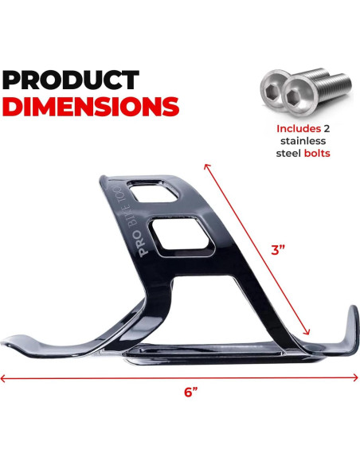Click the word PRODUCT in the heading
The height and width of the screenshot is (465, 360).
pyautogui.click(x=71, y=80)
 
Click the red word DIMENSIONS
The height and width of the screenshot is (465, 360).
pyautogui.click(x=91, y=106)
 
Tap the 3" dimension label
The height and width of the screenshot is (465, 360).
pyautogui.click(x=278, y=250)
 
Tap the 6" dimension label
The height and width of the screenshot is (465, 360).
pyautogui.click(x=190, y=392)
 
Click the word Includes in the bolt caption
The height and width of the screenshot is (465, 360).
pyautogui.click(x=299, y=129)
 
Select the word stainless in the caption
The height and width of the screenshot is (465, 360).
pyautogui.click(x=303, y=141)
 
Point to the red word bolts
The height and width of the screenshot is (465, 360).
pyautogui.click(x=317, y=153)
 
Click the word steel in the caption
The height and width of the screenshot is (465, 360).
pyautogui.click(x=289, y=153)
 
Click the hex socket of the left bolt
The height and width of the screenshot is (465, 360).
pyautogui.click(x=272, y=88)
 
